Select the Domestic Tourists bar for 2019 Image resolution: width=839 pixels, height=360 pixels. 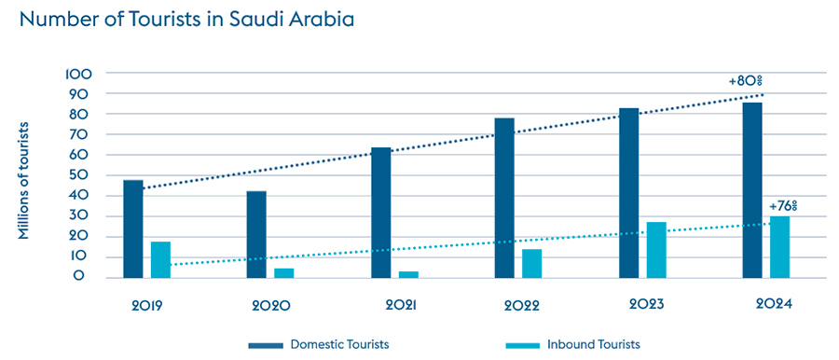[133, 228]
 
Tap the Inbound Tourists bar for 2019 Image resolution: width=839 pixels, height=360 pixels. [160, 259]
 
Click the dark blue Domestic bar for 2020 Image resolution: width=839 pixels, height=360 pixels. [256, 234]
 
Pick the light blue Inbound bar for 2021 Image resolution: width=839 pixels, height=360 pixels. [408, 274]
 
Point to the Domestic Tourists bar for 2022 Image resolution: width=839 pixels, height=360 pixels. [504, 198]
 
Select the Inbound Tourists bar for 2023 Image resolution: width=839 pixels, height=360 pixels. [655, 249]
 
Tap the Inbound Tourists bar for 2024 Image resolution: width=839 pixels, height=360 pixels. [779, 246]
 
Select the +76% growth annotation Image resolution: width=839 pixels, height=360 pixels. [783, 205]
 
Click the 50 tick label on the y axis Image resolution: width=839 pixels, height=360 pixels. [81, 175]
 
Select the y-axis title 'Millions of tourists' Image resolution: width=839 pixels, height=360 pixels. [25, 180]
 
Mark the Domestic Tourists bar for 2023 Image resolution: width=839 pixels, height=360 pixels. [628, 193]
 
